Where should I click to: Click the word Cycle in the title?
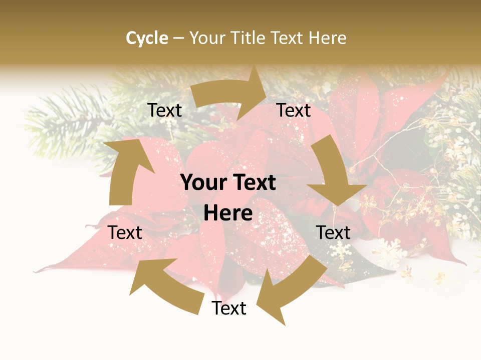[x=147, y=38]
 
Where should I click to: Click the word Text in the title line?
[x=287, y=38]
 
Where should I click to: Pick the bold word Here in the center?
[x=228, y=213]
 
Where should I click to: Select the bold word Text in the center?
[x=252, y=183]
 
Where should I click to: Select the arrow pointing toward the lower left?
[x=291, y=290]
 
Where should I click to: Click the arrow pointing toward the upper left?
[x=165, y=285]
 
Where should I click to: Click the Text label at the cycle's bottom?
[x=229, y=308]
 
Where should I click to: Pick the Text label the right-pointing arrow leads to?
[x=294, y=110]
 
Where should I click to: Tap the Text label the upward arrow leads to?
[x=164, y=110]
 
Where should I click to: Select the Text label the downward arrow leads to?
[x=333, y=232]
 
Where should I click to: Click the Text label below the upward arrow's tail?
[x=125, y=232]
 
